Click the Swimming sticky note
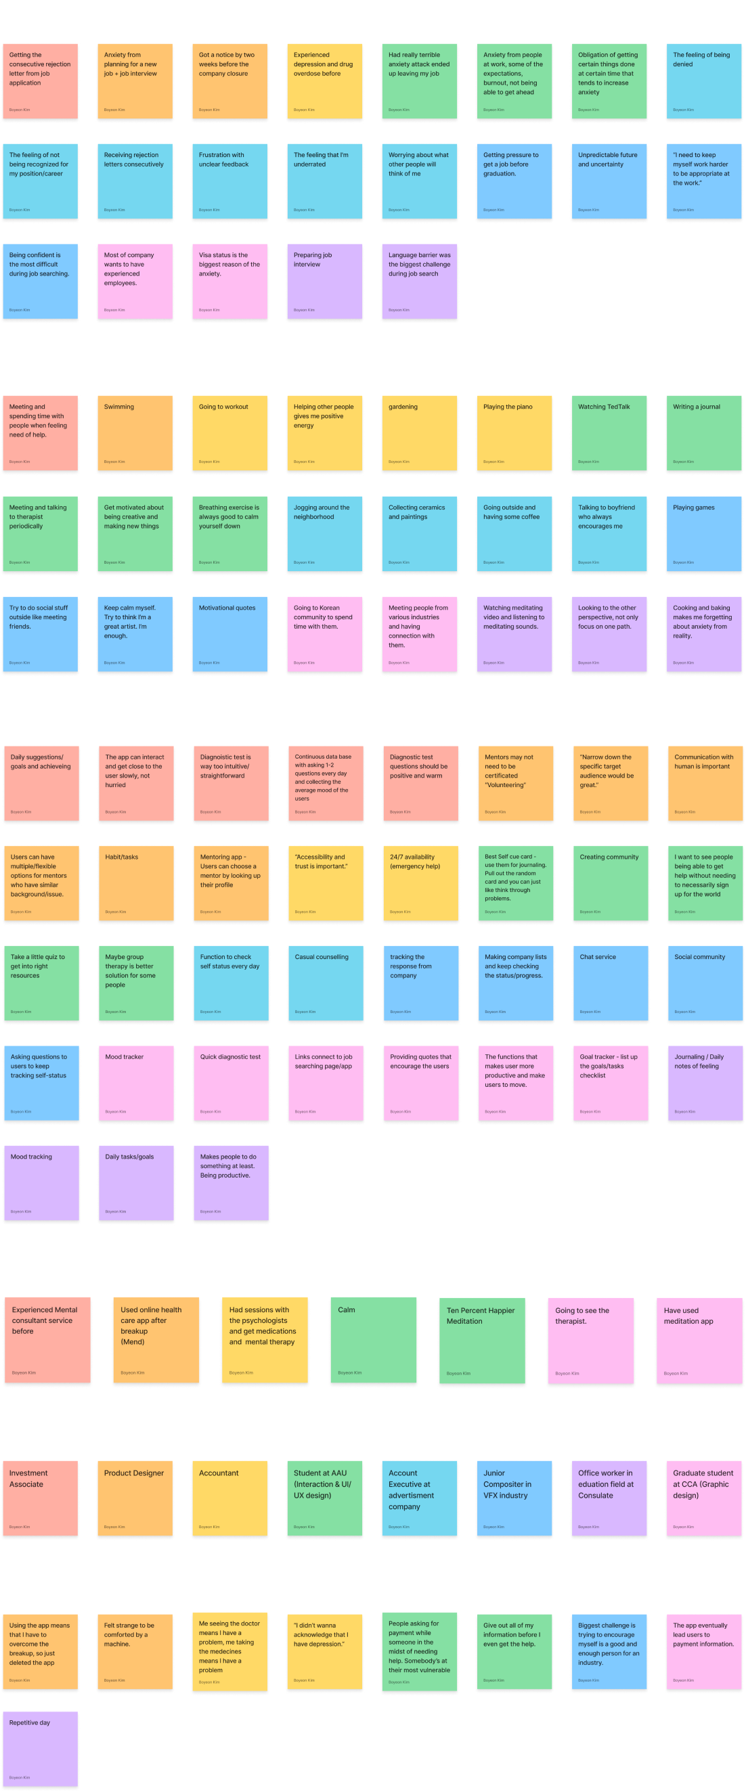tap(135, 432)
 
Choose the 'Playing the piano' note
tap(514, 432)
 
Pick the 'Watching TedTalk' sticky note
tap(609, 432)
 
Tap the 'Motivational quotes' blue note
tap(229, 633)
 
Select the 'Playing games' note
tap(703, 533)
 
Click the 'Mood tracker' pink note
tap(135, 1082)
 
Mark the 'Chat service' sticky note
tap(611, 982)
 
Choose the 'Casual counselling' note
tap(326, 982)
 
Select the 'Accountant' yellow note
tap(229, 1498)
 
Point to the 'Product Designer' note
tap(135, 1498)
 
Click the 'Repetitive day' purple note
tap(41, 1748)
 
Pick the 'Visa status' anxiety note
tap(229, 281)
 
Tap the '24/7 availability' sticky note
tap(421, 882)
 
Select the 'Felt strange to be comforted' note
tap(135, 1651)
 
